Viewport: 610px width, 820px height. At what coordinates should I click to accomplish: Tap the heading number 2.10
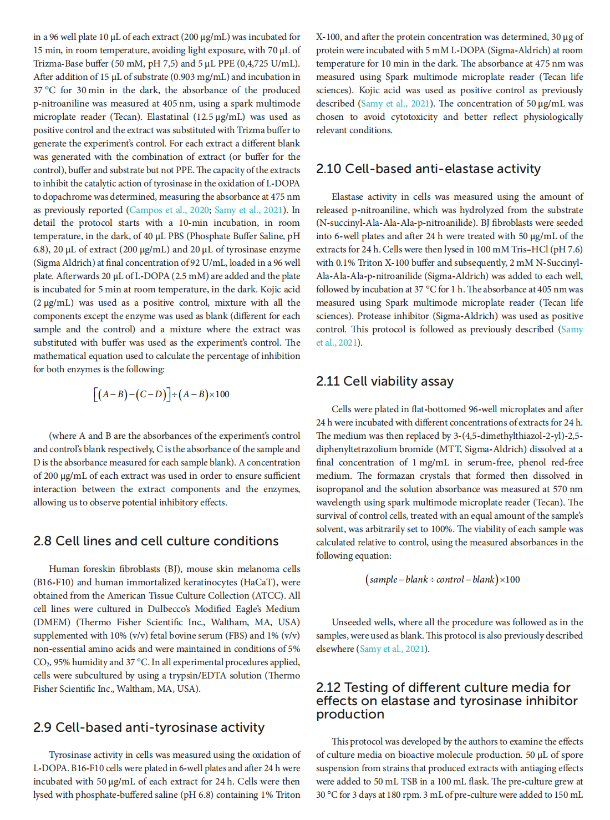coord(328,169)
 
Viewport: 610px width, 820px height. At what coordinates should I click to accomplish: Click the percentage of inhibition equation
coord(161,394)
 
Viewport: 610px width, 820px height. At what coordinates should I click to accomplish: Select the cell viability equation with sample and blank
coord(443,580)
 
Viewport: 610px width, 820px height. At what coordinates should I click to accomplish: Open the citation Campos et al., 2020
coord(169,210)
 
